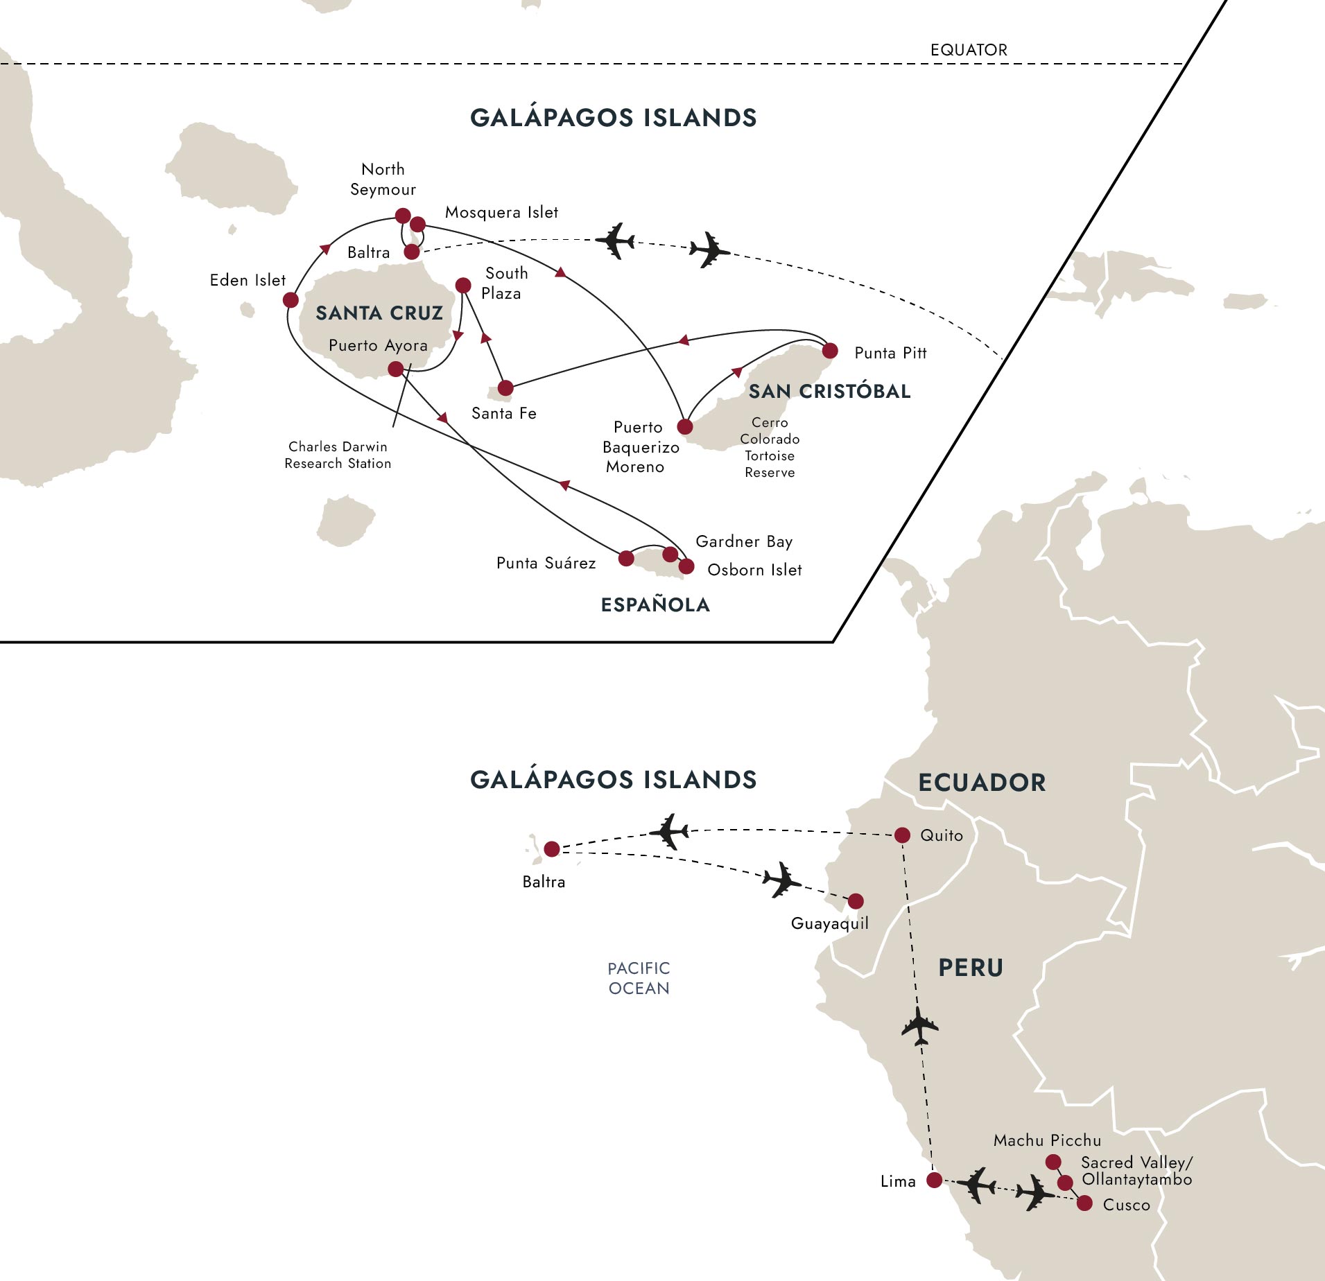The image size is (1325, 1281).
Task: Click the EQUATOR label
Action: pos(969,50)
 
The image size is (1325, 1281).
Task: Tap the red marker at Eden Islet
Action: pos(291,299)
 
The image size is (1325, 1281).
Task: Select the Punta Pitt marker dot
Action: pos(829,351)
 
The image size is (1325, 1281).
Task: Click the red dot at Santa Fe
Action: pos(505,387)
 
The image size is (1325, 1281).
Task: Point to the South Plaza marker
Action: pos(463,285)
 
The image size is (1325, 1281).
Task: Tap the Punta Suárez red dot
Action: pos(625,558)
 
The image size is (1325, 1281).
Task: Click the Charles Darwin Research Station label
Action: pos(338,455)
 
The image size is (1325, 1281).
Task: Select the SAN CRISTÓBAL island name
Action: pos(829,391)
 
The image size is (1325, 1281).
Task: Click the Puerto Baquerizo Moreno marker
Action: pos(685,426)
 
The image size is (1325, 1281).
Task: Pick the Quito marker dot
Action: pos(902,835)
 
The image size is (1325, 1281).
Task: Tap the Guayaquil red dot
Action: pos(856,900)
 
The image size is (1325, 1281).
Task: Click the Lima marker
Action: pos(935,1180)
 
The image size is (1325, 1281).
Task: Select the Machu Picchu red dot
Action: pos(1053,1162)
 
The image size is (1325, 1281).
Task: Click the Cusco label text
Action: pos(1126,1205)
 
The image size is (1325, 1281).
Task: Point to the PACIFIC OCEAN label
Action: pos(639,978)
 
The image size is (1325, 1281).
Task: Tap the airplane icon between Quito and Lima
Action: pos(920,1026)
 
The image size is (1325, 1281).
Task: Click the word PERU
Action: pos(971,968)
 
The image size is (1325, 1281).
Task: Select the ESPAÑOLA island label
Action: pos(655,604)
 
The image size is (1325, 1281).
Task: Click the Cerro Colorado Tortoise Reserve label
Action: pos(770,447)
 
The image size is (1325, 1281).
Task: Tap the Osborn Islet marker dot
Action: pos(686,566)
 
